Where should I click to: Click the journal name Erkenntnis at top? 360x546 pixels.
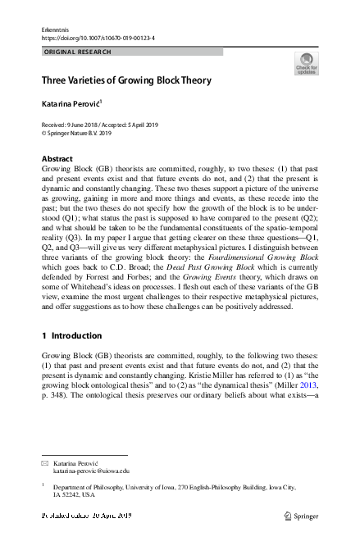(53, 29)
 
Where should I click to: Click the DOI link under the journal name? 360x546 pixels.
(98, 38)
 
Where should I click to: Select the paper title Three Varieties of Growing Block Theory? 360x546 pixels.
(126, 80)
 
